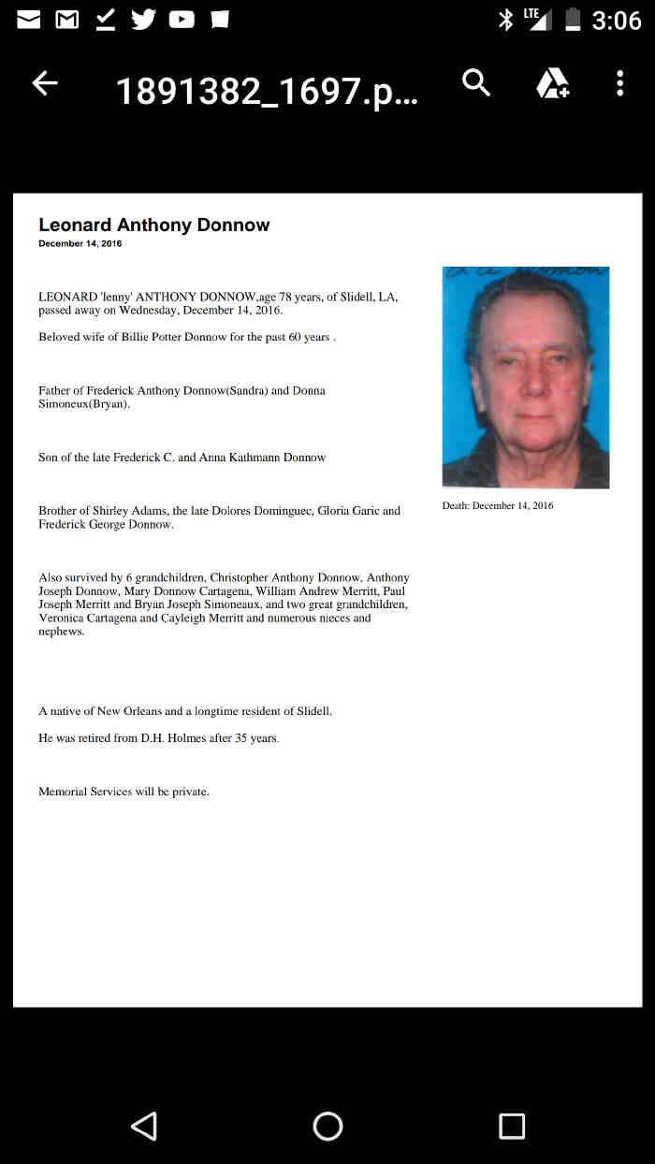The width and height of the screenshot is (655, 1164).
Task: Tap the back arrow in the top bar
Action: pos(45,83)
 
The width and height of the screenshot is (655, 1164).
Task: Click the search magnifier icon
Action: pos(476,83)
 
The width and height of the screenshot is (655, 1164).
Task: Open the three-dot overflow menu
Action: pos(619,83)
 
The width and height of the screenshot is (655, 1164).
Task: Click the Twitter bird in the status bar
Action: pos(143,19)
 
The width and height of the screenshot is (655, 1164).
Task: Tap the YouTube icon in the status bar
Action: pos(181,19)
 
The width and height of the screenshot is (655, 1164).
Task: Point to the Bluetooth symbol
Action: pos(505,19)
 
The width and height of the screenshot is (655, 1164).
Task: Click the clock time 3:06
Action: pos(617,20)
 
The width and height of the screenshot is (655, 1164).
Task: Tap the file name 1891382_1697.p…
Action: pos(267,91)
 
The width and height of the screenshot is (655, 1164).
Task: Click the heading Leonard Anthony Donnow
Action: pos(154,225)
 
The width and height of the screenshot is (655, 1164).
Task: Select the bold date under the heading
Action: pos(80,244)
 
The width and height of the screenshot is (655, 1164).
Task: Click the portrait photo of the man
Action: pos(525,377)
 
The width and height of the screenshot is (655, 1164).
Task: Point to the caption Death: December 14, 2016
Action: pos(498,506)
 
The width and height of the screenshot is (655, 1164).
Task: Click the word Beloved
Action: pos(59,337)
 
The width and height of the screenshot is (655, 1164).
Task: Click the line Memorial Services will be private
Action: pos(124,792)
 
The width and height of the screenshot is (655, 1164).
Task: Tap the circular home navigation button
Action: pos(327,1126)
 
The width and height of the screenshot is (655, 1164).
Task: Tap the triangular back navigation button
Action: pos(143,1126)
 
